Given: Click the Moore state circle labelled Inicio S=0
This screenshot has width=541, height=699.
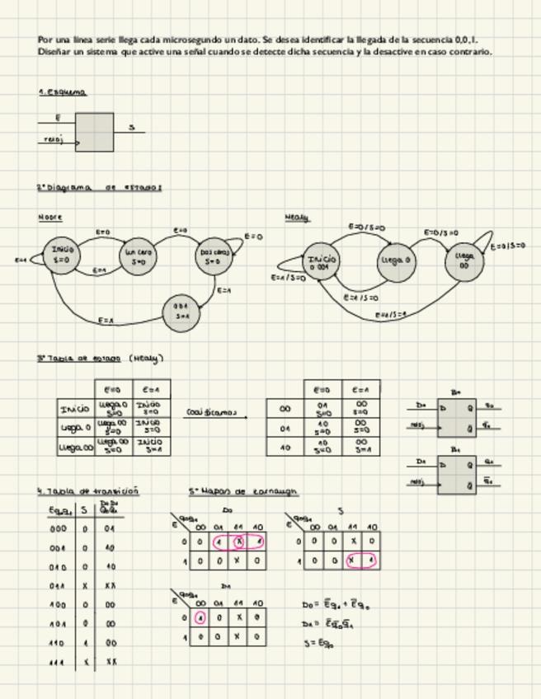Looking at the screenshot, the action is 63,254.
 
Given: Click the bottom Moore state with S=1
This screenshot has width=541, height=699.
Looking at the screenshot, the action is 181,312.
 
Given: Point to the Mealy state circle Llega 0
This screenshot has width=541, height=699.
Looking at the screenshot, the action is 396,261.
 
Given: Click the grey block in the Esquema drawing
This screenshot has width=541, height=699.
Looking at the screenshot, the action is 94,132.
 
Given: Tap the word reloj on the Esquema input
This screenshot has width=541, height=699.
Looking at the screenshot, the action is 53,140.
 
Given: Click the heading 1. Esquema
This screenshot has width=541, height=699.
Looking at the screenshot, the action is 63,92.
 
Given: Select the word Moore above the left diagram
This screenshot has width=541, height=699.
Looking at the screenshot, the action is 50,217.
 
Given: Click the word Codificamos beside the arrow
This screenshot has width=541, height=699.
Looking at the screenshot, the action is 204,412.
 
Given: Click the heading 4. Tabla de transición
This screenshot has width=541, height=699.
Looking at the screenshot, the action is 88,491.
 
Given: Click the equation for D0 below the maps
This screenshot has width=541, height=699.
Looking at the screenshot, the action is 338,604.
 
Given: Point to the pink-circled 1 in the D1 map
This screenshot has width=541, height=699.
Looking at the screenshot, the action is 200,617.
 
